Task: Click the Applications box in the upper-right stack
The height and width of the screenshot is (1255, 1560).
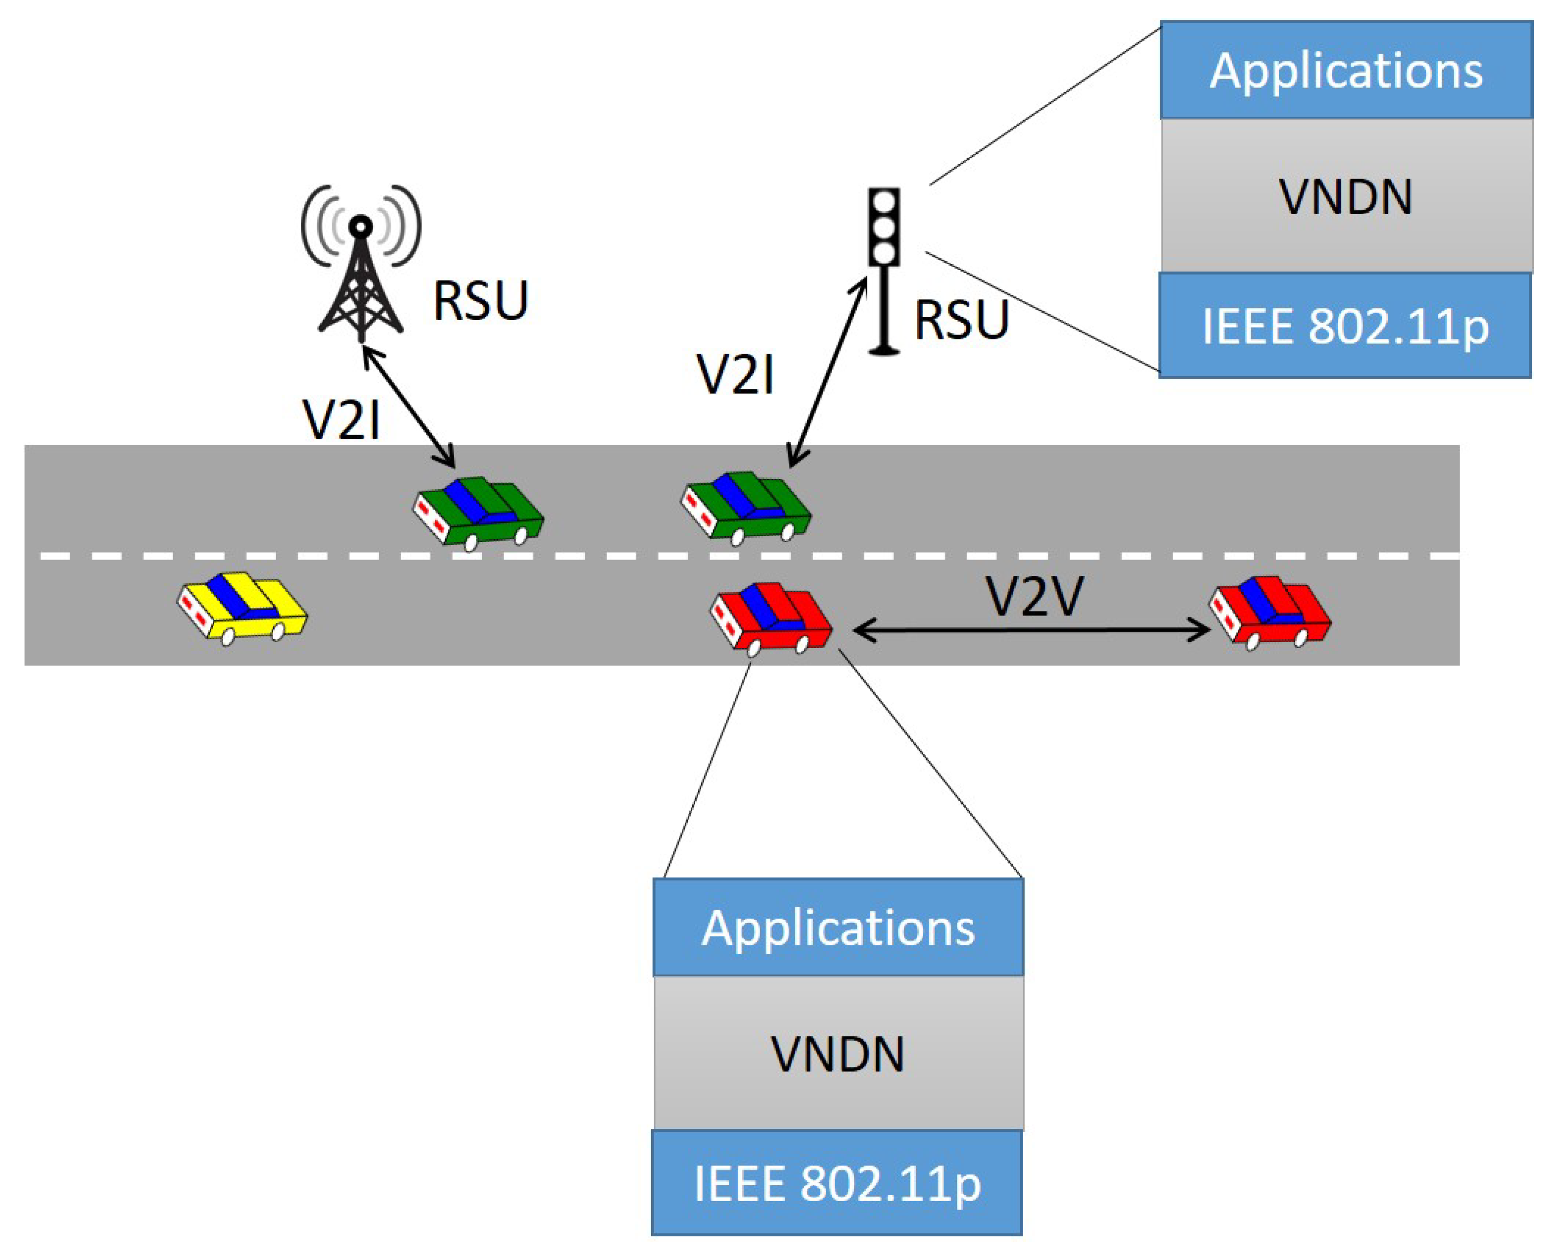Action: coord(1346,71)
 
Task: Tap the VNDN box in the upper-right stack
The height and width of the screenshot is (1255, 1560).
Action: coord(1346,196)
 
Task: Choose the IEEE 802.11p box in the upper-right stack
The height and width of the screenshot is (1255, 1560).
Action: coord(1344,325)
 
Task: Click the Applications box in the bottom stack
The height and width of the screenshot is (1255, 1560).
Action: coord(838,928)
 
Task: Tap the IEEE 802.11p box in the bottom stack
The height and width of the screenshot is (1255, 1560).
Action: coord(837,1183)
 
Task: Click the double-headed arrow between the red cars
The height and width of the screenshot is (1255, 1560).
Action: coord(1031,631)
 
